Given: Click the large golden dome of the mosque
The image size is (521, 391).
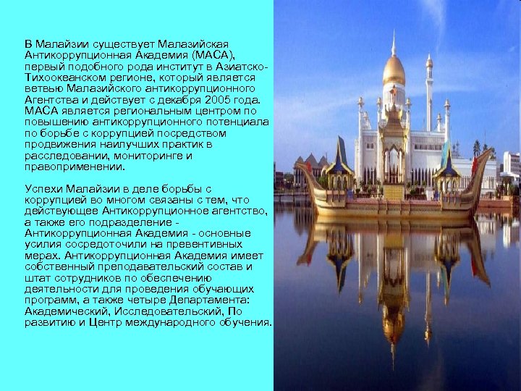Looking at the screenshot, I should (394, 71).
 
